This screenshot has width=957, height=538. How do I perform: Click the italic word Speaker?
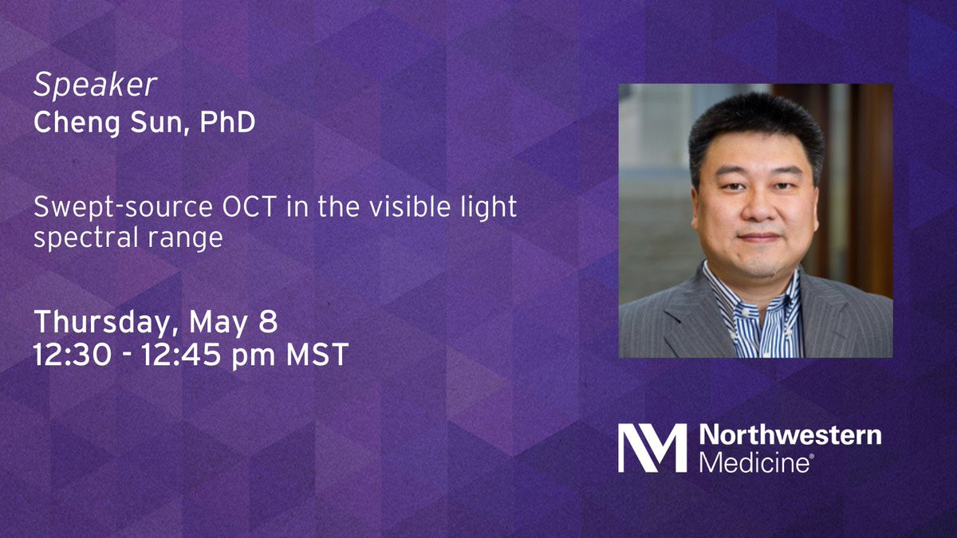point(95,85)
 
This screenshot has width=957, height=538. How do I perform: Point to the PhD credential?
point(227,122)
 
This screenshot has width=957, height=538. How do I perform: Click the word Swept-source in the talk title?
point(123,208)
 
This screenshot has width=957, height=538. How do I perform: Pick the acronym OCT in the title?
point(249,206)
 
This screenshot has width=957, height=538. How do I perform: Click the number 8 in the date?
point(268,321)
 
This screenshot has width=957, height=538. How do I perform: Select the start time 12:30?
point(73,355)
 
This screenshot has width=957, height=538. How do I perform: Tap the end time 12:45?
point(181,355)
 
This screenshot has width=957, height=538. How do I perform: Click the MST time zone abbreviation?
point(317,355)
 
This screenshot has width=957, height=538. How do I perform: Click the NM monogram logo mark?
point(652,448)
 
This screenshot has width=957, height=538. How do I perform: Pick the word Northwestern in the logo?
point(790,435)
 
